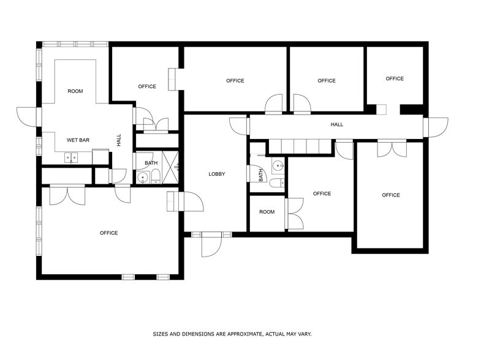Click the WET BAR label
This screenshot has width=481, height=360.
click(78, 140)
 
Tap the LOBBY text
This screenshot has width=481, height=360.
click(216, 174)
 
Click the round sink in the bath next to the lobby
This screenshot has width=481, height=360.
click(278, 165)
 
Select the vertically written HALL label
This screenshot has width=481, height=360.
click(119, 140)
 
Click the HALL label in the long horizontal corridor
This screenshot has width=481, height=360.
click(336, 124)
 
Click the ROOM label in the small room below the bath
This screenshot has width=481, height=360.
click(267, 212)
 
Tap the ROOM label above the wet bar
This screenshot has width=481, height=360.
click(75, 91)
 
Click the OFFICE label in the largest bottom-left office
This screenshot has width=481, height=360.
click(108, 233)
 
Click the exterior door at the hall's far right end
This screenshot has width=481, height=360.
click(436, 127)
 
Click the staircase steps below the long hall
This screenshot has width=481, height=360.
click(300, 146)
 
